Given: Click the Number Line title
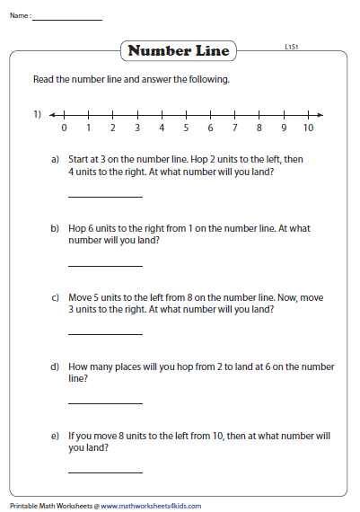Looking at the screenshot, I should pos(180,51).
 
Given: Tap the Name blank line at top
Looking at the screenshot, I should pos(67,19).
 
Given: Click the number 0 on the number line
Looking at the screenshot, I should pos(64,128).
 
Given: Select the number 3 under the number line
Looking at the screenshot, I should pos(137,128).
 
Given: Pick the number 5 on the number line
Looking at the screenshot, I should pos(186,128).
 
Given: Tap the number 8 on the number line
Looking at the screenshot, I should pos(259,128).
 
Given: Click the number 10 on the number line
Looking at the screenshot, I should pos(308,128).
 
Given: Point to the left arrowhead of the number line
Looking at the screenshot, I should pos(53,115).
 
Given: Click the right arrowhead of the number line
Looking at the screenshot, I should pos(320,115).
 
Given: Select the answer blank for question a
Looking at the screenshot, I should pos(105,195).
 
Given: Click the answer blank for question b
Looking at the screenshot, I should pos(105,265).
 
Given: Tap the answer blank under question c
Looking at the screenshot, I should pos(105,333).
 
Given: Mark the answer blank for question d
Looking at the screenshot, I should pos(105,403).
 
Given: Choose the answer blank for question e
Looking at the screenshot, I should pos(105,472).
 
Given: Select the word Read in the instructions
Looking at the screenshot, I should pos(43,80).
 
